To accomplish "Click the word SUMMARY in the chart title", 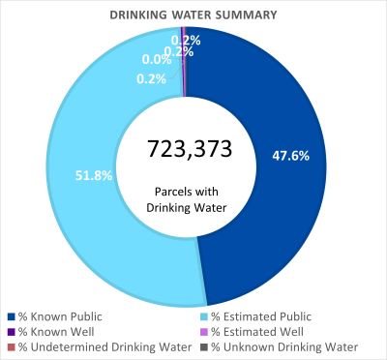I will pyautogui.click(x=246, y=15).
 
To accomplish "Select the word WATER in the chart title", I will pyautogui.click(x=196, y=15).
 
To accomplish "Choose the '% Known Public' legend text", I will pyautogui.click(x=60, y=315).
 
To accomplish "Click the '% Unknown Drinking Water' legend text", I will pyautogui.click(x=286, y=346).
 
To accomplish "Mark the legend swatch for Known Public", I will pyautogui.click(x=11, y=315).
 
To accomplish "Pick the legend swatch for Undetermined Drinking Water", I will pyautogui.click(x=11, y=346).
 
